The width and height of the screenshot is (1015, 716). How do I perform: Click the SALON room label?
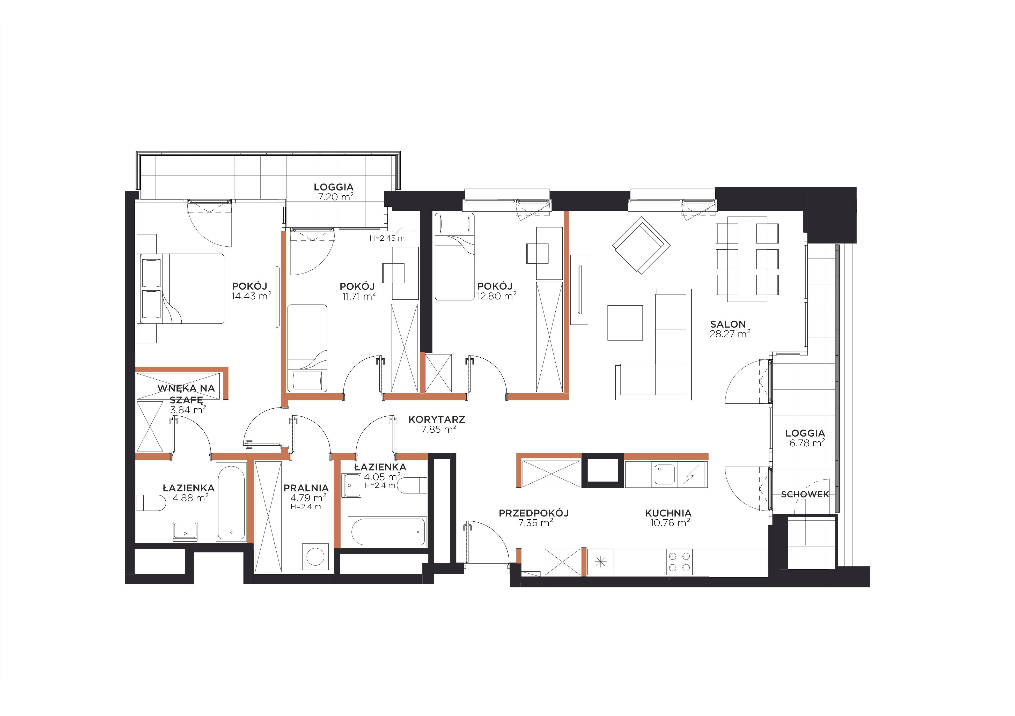point(728,324)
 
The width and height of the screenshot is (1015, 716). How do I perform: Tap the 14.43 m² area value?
point(251,296)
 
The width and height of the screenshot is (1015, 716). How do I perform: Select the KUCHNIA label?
point(668,513)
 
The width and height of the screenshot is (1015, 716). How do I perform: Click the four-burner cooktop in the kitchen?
point(679,562)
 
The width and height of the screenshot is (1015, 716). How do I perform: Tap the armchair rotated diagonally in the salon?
point(641,245)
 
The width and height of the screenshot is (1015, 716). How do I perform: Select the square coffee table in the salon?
point(625,323)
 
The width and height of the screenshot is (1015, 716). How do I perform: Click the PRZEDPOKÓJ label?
point(534,513)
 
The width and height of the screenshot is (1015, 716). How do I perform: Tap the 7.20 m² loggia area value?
point(336,197)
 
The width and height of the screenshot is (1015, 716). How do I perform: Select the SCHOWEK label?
point(805,494)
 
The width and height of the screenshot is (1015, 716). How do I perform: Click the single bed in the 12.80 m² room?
point(454,257)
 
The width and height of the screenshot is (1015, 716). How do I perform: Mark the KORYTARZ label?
point(437,419)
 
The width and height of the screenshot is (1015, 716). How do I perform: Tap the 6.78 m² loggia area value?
point(807,443)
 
